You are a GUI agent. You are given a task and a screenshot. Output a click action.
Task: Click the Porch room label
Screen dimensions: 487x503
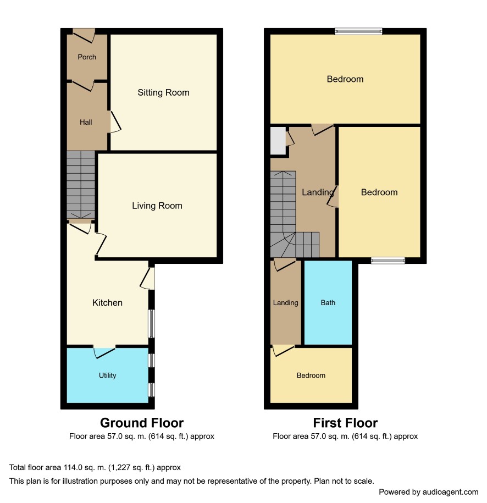point(87,57)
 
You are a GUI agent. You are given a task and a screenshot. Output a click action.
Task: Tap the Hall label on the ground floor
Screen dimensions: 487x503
point(86,122)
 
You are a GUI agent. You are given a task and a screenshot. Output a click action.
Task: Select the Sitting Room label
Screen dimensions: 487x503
point(163,93)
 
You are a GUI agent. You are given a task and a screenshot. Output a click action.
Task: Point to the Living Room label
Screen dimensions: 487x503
point(157,206)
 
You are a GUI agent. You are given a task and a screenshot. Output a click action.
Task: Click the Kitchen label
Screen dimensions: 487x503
point(108,302)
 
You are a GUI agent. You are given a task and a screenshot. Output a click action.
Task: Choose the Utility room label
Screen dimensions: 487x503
point(108,375)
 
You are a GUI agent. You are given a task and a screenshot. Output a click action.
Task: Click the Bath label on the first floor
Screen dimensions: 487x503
point(328,302)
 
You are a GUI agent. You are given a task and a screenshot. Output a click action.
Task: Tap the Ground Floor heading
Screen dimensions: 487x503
point(142,423)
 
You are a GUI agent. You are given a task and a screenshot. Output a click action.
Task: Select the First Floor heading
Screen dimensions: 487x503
point(345,423)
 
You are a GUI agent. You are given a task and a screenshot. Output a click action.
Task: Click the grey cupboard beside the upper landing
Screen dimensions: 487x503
point(278,141)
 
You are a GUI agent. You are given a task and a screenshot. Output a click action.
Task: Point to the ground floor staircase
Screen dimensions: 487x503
point(81,185)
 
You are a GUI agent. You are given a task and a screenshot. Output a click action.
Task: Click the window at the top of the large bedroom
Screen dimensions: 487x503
point(358,31)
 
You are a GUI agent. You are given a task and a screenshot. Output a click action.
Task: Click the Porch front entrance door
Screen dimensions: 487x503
point(84,36)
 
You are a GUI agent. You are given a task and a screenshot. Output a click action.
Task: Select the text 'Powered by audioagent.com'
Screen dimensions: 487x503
point(429,492)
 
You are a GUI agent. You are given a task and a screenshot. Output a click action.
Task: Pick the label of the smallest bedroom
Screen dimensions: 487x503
point(311,375)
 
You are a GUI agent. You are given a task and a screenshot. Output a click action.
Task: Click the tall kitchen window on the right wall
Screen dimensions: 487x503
point(151,323)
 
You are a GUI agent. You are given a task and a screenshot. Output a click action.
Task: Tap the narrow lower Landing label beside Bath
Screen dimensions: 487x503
point(285,302)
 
